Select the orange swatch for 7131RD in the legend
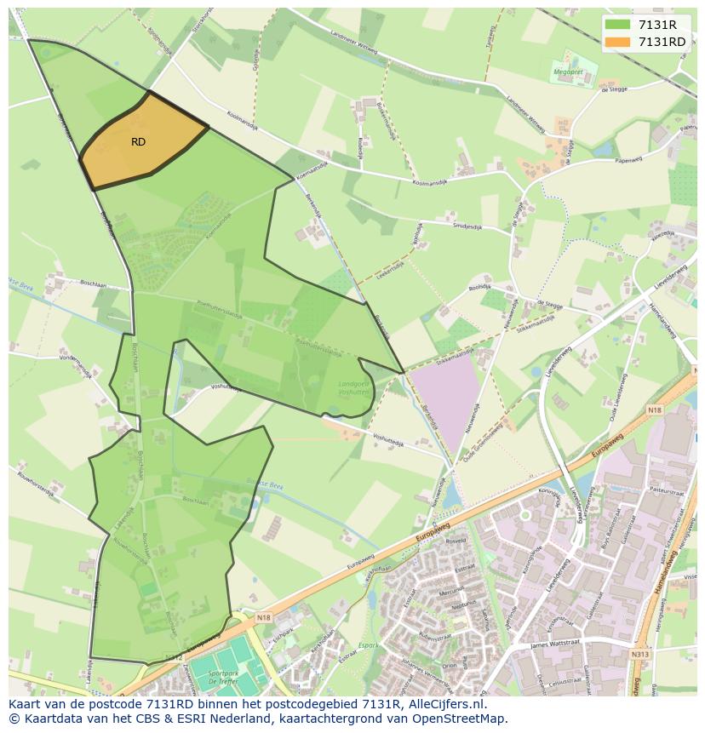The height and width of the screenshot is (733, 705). click(617, 42)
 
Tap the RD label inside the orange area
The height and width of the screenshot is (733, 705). click(139, 141)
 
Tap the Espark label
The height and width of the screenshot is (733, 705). click(368, 645)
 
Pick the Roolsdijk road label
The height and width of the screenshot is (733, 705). click(480, 287)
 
